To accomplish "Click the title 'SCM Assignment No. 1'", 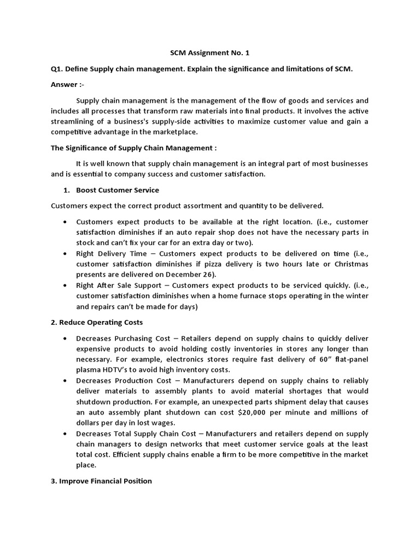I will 209,52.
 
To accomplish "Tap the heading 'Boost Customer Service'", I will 118,190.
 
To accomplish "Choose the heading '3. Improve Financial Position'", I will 101,481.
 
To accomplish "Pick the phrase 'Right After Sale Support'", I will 116,285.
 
